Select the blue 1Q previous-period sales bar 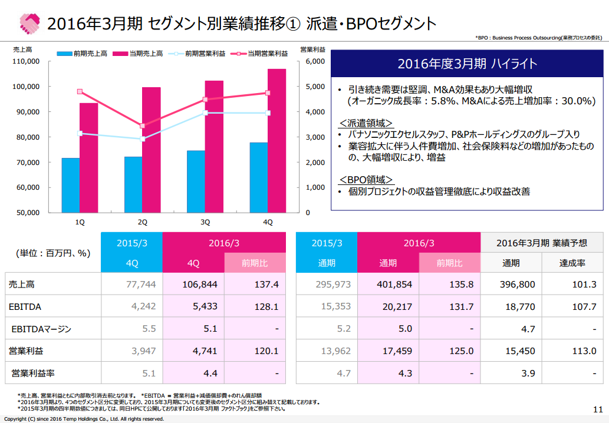(x=71, y=185)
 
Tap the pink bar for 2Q (x=152, y=150)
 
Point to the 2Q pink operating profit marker (x=142, y=125)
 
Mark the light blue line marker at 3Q (x=205, y=113)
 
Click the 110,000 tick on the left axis (x=25, y=61)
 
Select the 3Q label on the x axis (x=205, y=222)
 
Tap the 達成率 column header (x=572, y=263)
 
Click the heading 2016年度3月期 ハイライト (x=468, y=64)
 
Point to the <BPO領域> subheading (x=366, y=179)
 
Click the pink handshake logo (x=29, y=24)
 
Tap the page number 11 (x=597, y=409)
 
